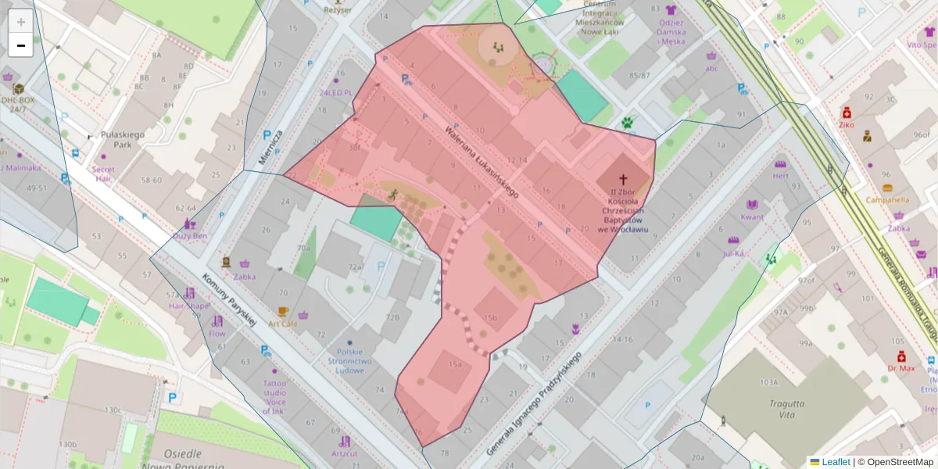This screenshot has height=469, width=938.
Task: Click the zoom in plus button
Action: point(20,22)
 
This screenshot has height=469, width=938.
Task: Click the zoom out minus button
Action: point(20,45)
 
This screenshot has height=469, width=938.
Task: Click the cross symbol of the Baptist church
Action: point(624,180)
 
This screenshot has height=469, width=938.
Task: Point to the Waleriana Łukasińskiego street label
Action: point(482,160)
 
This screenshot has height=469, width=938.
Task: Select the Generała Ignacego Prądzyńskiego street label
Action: point(534,404)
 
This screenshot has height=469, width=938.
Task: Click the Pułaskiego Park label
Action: point(123,140)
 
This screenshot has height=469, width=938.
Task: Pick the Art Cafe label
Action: point(283,323)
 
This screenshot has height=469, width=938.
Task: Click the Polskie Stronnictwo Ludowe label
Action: point(349,362)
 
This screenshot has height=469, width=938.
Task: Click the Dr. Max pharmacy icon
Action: point(900,356)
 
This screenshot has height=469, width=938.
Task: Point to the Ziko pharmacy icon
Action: point(846,113)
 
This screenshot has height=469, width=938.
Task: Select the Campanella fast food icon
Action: point(887,188)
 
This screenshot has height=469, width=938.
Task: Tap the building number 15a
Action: point(455,364)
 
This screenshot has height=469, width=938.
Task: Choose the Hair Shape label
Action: point(189,306)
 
